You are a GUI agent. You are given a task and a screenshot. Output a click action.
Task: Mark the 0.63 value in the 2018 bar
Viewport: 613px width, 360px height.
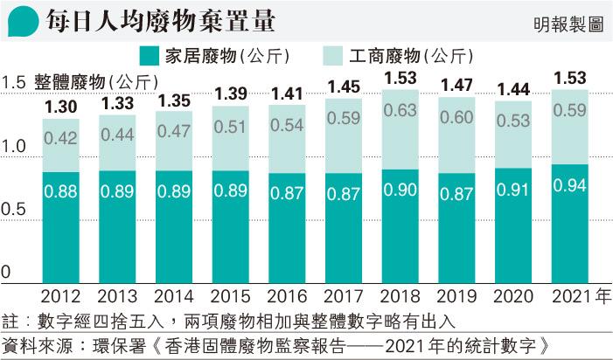coord(400,111)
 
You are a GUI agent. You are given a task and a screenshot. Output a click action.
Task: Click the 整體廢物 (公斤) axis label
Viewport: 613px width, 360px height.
coord(96,83)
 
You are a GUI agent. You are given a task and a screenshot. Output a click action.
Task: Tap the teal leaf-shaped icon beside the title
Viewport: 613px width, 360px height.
coord(19,22)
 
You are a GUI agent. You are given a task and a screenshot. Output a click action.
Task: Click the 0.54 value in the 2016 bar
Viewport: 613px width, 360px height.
coord(286,125)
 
